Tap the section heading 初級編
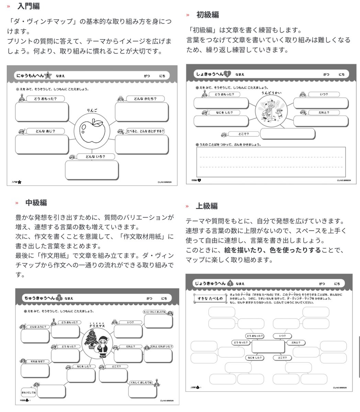tap(207, 15)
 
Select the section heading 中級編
tap(36, 203)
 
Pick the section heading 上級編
tap(206, 206)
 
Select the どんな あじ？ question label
tap(45, 131)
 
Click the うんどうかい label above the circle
tap(271, 92)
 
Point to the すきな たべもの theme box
tap(210, 298)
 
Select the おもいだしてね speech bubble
tap(29, 392)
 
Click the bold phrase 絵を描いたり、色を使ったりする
tap(272, 250)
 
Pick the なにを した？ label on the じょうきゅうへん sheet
tap(254, 357)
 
